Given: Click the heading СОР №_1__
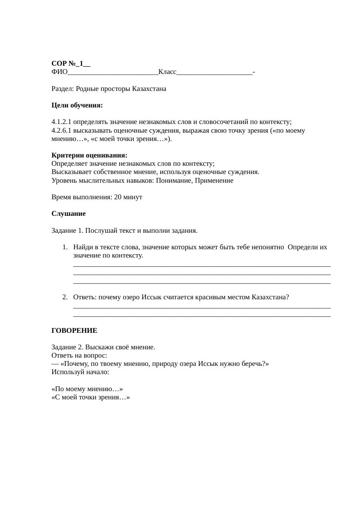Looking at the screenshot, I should click(71, 64).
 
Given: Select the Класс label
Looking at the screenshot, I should click(167, 72).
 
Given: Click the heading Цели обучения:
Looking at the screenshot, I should click(77, 105).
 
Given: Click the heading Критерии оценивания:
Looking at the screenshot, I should click(89, 155).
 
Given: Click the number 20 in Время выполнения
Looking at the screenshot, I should click(118, 197).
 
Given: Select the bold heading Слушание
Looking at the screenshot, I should click(68, 214).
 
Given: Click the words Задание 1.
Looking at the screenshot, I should click(67, 231).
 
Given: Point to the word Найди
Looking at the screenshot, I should click(83, 247).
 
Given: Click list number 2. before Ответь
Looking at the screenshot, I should click(65, 297).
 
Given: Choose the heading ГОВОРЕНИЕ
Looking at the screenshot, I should click(74, 331).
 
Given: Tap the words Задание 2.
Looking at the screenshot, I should click(67, 347).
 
